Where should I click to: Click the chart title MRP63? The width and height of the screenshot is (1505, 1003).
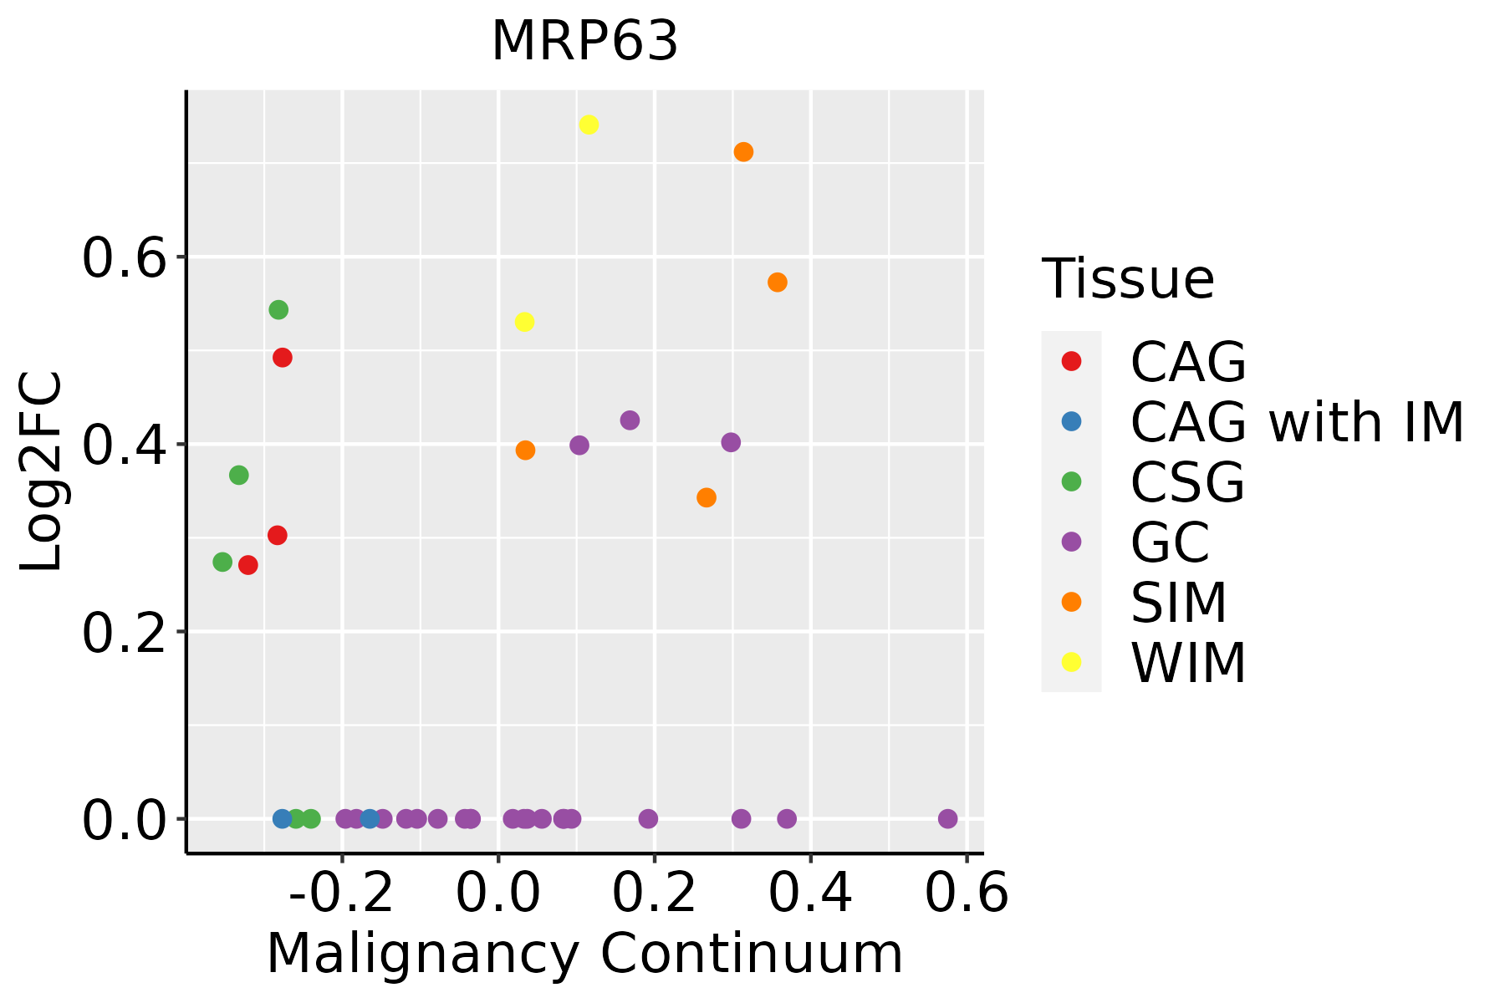[584, 42]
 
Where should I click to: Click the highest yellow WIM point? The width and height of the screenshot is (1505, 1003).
[589, 125]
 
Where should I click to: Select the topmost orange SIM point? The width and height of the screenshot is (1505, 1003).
[743, 152]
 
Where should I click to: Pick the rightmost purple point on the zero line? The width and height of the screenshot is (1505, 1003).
[947, 818]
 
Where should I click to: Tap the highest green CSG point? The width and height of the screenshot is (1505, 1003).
[278, 310]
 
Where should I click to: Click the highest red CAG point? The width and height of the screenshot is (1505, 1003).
[283, 358]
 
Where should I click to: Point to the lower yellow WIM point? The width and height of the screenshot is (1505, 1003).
[524, 322]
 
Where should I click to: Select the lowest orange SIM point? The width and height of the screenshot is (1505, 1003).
[707, 497]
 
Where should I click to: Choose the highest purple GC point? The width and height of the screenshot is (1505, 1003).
[630, 420]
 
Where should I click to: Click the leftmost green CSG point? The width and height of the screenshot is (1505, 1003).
[222, 562]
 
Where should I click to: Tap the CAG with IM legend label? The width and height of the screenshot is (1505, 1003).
[1297, 422]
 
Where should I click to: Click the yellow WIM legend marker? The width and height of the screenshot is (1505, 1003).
[1070, 662]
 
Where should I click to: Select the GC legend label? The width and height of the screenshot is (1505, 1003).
[1170, 542]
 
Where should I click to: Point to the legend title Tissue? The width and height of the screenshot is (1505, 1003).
[1128, 279]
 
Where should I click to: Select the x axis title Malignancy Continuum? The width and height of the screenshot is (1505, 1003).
[584, 954]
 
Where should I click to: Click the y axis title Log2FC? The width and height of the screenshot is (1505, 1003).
[42, 472]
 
